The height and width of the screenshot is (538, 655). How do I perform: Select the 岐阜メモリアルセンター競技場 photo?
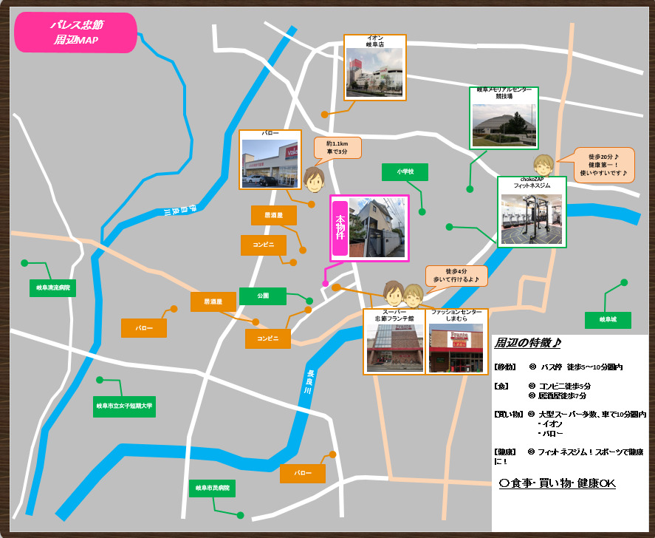[x=504, y=123]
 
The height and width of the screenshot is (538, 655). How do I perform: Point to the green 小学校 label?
[x=405, y=172]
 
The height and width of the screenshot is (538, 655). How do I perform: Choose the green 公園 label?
[x=262, y=296]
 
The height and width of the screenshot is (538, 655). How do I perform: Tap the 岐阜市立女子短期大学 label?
[x=124, y=406]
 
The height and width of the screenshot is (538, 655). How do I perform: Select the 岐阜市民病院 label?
[x=213, y=488]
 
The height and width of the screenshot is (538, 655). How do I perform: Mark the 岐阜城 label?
[x=608, y=320]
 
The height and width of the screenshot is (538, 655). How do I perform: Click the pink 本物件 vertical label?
[x=340, y=228]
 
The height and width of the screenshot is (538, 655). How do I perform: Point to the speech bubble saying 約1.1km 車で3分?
[x=337, y=148]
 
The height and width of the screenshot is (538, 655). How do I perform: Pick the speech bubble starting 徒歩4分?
[x=456, y=276]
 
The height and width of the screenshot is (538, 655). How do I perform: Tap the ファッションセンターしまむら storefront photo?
[x=457, y=347]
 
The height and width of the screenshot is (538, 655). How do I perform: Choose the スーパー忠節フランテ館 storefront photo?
[x=395, y=347]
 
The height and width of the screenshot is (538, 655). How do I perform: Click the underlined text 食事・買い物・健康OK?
[x=558, y=483]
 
